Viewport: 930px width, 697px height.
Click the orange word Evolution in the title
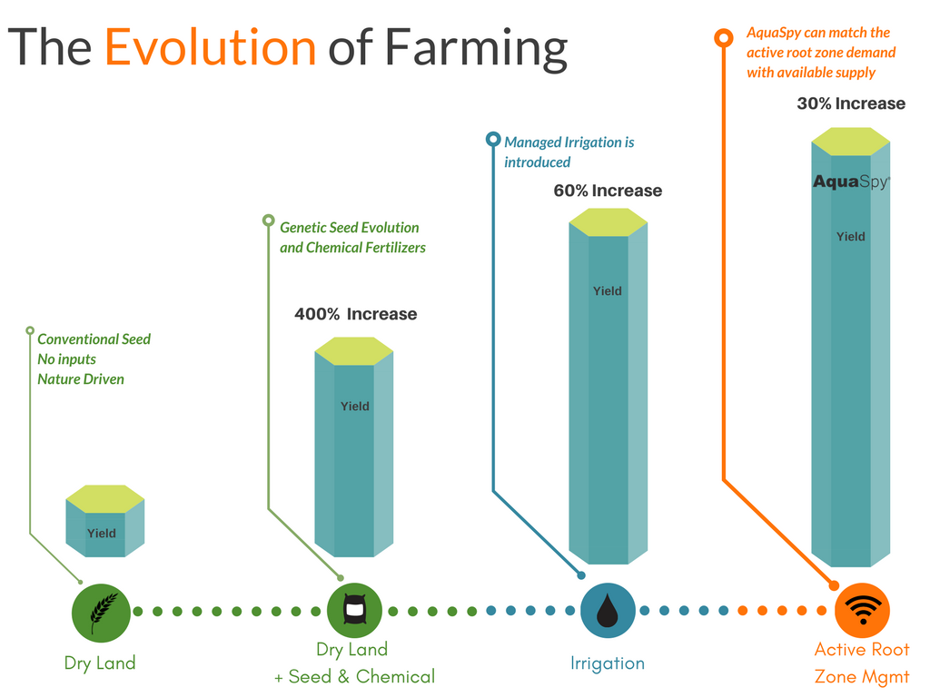pyautogui.click(x=210, y=47)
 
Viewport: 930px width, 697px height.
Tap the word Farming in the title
pyautogui.click(x=476, y=49)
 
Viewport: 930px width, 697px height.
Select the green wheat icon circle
pyautogui.click(x=101, y=613)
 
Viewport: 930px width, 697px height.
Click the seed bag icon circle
pyautogui.click(x=355, y=611)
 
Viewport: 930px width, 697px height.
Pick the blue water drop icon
pyautogui.click(x=608, y=611)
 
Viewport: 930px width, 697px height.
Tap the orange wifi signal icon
pyautogui.click(x=863, y=611)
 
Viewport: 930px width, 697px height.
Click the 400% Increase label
pyautogui.click(x=356, y=314)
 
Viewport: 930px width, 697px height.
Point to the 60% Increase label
pyautogui.click(x=608, y=191)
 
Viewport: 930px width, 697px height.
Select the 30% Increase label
pyautogui.click(x=851, y=103)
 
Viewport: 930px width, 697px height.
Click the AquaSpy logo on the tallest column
pyautogui.click(x=851, y=182)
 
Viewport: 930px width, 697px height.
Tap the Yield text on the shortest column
pyautogui.click(x=102, y=534)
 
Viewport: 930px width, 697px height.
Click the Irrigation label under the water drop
pyautogui.click(x=608, y=663)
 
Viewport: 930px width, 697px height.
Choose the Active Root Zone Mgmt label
pyautogui.click(x=862, y=663)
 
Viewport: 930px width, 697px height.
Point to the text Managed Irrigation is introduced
pyautogui.click(x=569, y=152)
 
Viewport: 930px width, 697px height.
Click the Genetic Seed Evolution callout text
pyautogui.click(x=353, y=238)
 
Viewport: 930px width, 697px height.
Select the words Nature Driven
pyautogui.click(x=81, y=379)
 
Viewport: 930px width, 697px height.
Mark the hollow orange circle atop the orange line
pyautogui.click(x=724, y=38)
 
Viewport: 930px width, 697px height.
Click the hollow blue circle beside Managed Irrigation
pyautogui.click(x=493, y=139)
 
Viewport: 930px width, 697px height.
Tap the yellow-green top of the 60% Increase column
pyautogui.click(x=608, y=222)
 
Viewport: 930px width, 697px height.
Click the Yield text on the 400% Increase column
pyautogui.click(x=355, y=407)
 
